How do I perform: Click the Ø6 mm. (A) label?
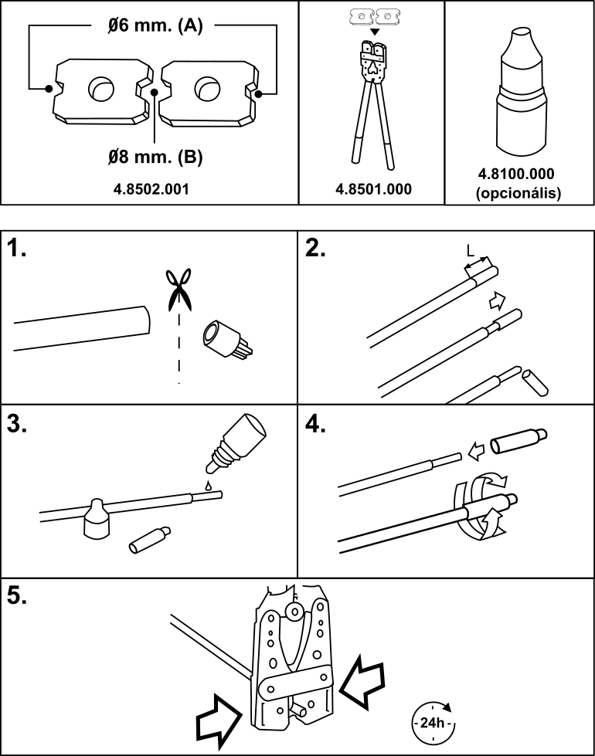[155, 25]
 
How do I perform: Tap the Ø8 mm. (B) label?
[155, 156]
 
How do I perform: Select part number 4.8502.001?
[151, 189]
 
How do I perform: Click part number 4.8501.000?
[373, 189]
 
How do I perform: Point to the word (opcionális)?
[518, 193]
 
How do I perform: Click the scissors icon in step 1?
[178, 290]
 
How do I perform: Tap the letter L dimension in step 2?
[471, 250]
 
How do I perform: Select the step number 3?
[17, 424]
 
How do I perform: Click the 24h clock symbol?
[433, 723]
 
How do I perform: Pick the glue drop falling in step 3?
[208, 485]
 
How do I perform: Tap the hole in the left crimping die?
[101, 88]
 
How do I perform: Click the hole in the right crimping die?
[208, 88]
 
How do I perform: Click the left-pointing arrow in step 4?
[477, 453]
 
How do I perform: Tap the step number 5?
[17, 596]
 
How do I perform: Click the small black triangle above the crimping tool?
[375, 32]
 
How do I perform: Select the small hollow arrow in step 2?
[498, 301]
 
